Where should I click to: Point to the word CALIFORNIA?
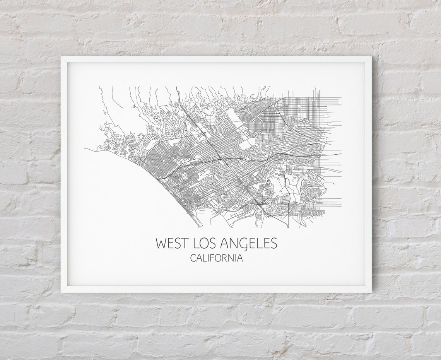pyautogui.click(x=217, y=258)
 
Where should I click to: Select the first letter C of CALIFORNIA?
pyautogui.click(x=193, y=258)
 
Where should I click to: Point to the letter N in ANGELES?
pyautogui.click(x=234, y=243)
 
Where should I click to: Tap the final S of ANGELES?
pyautogui.click(x=274, y=243)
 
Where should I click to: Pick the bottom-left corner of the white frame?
pyautogui.click(x=62, y=292)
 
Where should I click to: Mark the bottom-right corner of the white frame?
pyautogui.click(x=371, y=292)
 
